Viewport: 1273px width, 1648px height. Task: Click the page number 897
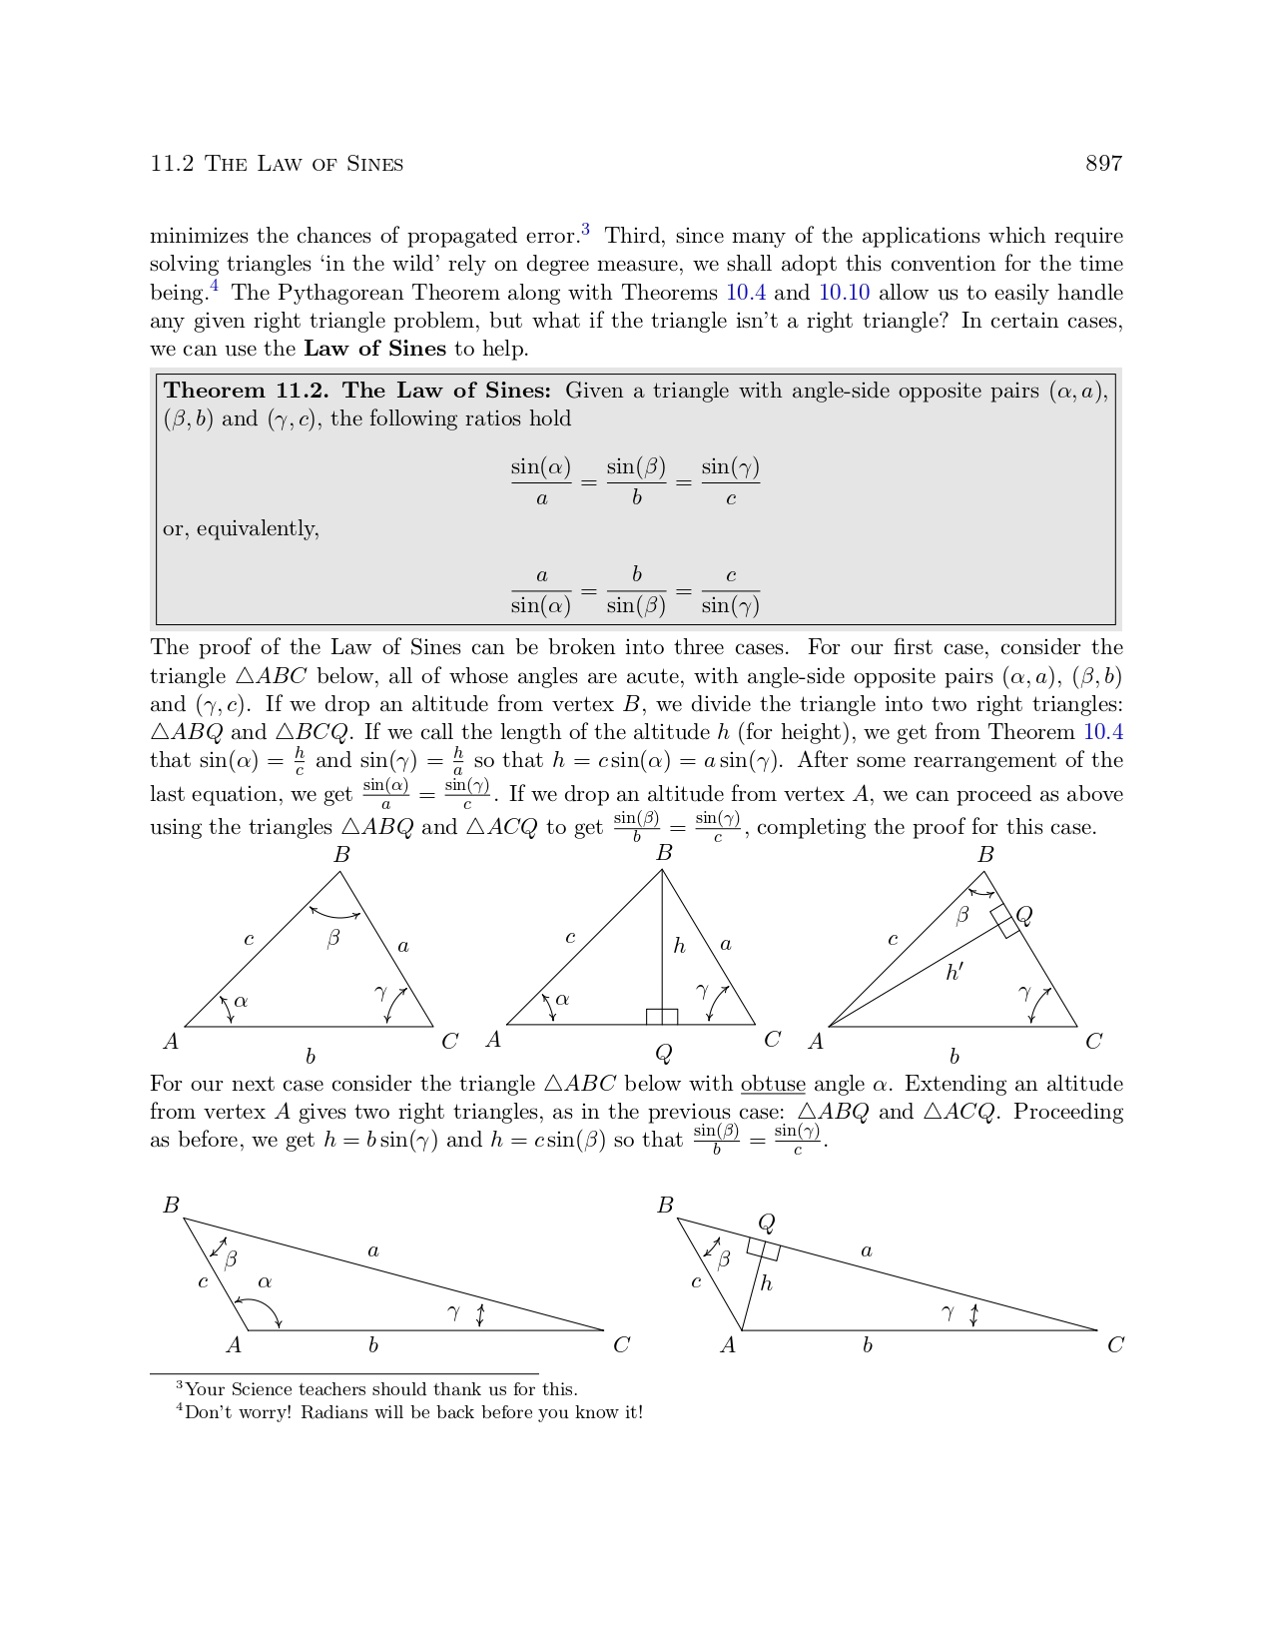1103,164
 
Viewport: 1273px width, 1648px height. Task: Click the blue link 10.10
844,293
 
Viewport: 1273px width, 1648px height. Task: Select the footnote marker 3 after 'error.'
585,231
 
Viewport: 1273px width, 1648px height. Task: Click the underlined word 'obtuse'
773,1084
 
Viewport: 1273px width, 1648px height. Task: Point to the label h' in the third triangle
955,971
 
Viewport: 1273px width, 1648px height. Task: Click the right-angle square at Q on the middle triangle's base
662,1017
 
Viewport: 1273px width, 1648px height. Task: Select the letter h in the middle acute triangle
679,946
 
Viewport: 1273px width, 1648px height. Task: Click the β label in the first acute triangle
333,938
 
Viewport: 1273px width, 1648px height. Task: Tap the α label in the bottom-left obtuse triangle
265,1281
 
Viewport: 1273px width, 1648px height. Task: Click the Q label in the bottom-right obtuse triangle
767,1223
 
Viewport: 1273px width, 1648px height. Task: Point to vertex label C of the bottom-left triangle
621,1344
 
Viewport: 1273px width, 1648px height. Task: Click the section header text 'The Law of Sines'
304,164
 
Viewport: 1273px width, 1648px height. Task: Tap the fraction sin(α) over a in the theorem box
541,481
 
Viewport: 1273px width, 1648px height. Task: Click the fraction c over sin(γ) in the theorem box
731,590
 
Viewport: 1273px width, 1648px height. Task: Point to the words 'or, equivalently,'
241,528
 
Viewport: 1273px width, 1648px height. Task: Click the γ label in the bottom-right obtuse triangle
948,1312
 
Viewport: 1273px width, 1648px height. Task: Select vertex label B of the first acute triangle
341,855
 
